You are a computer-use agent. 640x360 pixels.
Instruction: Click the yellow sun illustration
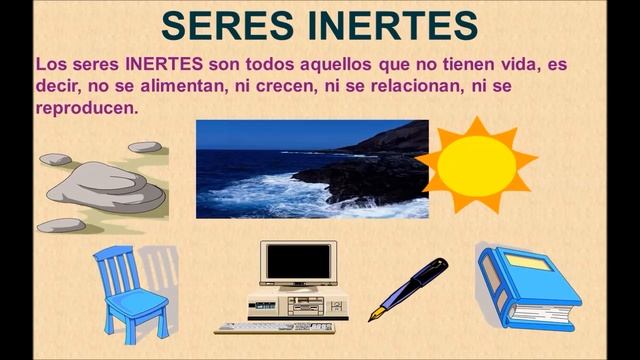point(476,162)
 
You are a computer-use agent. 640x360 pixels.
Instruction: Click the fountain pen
point(408,289)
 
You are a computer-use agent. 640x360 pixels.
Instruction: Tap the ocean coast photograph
point(311,169)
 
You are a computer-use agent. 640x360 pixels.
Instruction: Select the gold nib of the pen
point(377,313)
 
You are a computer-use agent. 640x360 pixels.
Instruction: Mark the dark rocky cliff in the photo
point(370,165)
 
